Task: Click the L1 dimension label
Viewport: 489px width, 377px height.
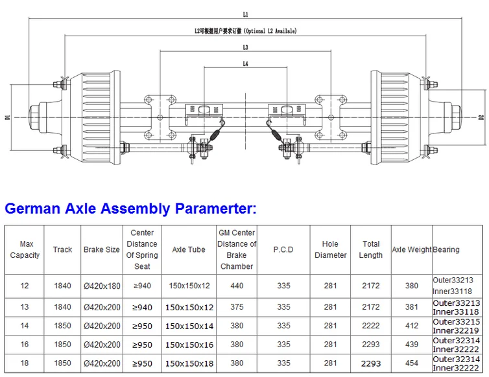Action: pos(245,14)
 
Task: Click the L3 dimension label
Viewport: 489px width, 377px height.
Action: pos(245,47)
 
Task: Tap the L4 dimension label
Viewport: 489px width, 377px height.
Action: pos(245,64)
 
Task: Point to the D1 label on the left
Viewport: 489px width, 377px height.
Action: pos(8,117)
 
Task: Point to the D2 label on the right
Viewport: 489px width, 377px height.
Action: pos(481,117)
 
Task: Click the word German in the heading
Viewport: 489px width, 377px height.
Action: pos(32,208)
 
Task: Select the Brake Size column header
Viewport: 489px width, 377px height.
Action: pos(102,249)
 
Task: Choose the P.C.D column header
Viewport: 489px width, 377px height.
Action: pos(283,249)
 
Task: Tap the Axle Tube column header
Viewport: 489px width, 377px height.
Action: pos(189,249)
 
